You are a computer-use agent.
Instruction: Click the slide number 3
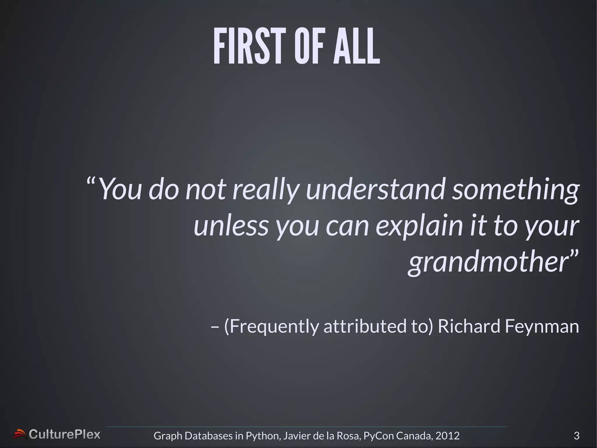coord(576,436)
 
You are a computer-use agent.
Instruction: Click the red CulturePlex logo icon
coord(20,434)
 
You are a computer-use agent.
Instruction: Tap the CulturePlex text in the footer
coord(64,435)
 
